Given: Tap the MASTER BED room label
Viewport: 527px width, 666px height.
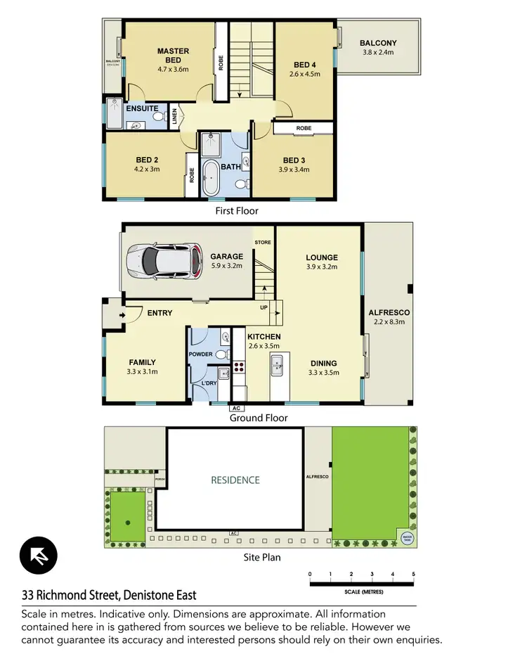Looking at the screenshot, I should [x=172, y=56].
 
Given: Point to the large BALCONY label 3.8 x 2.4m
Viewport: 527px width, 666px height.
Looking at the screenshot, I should [x=378, y=47].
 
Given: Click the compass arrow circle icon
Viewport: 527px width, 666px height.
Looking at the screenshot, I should [x=38, y=556].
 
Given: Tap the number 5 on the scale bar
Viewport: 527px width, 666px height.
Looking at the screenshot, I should [x=414, y=575].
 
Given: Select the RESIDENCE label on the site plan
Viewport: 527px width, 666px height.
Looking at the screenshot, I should [x=235, y=480].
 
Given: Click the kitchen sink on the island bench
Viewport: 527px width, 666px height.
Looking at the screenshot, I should [x=277, y=364].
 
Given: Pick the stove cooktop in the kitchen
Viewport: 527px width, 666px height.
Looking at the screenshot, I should [x=238, y=366].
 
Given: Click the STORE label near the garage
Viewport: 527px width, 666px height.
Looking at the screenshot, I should [x=263, y=242].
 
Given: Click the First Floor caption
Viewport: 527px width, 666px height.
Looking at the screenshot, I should [x=236, y=210].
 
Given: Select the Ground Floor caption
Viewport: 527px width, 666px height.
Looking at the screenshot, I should [x=259, y=418].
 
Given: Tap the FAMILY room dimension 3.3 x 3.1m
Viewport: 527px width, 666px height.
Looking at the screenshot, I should [x=143, y=372].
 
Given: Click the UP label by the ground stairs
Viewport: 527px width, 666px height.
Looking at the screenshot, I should [x=263, y=308].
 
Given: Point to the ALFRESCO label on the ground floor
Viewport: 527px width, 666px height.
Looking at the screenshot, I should [x=389, y=312].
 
